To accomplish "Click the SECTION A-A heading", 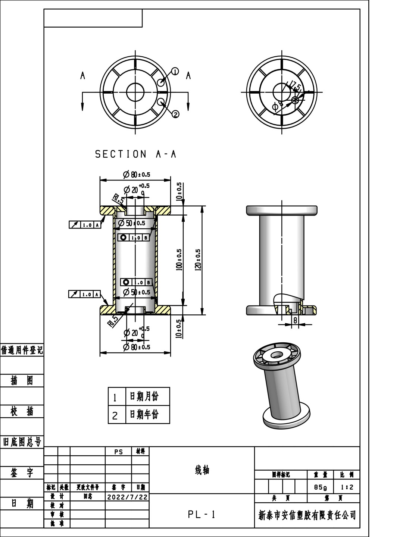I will tap(135, 154).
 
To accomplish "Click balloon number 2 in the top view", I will tap(175, 114).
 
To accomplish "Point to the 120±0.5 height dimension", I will tap(198, 260).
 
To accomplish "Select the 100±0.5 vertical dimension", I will tap(179, 260).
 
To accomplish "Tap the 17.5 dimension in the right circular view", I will tap(295, 87).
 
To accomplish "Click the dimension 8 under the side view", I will tap(295, 320).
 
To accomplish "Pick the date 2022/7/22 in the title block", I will tap(127, 497).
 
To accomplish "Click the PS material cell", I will tap(118, 452).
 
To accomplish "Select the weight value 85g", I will tap(320, 487).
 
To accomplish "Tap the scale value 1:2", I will tap(347, 487).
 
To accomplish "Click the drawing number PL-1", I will tap(201, 515).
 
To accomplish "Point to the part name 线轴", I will tap(202, 470).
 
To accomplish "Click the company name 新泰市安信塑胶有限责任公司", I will tap(307, 515).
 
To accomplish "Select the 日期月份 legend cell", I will tap(144, 396).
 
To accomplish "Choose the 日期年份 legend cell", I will tap(144, 414).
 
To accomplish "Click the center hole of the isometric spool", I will tap(276, 354).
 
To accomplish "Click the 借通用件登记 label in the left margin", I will tap(22, 350).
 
